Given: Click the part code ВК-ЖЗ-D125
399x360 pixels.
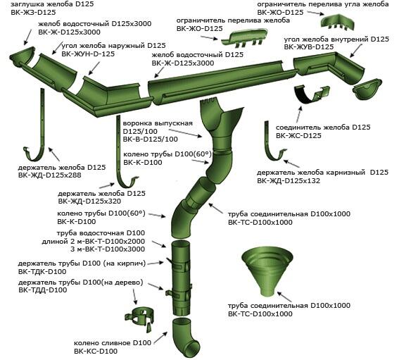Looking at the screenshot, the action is coord(33,12).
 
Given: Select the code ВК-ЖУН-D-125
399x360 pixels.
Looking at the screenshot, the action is coord(88,54).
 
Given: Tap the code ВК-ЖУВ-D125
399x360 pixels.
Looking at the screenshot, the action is coord(309,47).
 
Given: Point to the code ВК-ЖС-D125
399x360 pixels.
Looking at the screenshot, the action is coord(298,135).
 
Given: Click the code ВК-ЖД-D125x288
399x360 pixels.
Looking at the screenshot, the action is coord(50,175).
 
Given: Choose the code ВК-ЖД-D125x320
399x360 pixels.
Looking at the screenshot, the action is coord(89,201).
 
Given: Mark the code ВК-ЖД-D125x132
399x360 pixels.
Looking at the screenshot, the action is coord(289,181).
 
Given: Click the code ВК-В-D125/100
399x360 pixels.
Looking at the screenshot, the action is coord(151,139).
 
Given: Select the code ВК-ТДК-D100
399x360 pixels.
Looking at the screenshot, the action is coord(42,272).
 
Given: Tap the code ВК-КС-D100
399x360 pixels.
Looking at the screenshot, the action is coord(96,351).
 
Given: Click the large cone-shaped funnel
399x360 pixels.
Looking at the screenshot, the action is coord(267,271).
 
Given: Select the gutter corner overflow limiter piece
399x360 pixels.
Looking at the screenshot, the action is coord(337,22).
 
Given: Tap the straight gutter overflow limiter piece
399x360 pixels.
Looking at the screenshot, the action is coord(244,38).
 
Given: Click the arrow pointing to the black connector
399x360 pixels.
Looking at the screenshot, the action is coord(299,115).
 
